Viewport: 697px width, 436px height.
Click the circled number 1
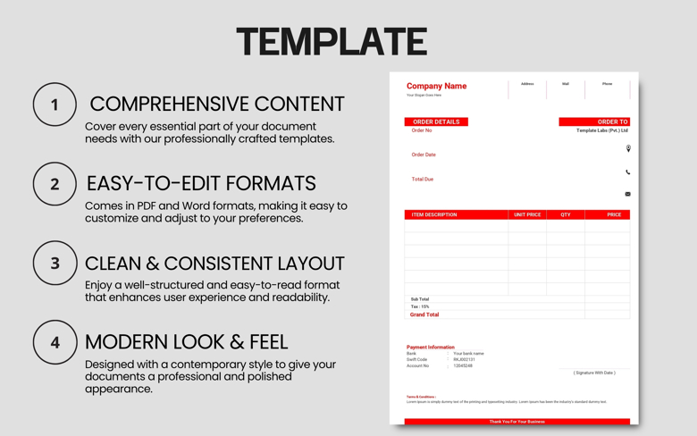pos(55,105)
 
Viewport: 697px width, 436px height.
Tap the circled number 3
pos(55,264)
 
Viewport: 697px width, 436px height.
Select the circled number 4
pos(55,342)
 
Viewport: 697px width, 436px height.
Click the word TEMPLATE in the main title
pos(332,42)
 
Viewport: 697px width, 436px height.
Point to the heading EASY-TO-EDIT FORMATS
pos(201,183)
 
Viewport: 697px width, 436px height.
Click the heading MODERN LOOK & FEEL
pos(186,341)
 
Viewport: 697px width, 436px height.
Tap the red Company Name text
pos(436,86)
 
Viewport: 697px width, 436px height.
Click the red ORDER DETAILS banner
pos(436,122)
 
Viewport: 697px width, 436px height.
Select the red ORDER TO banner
pos(594,122)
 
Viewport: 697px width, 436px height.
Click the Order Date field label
pos(424,155)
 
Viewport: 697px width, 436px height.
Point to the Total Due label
pos(422,179)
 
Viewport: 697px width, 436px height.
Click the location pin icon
pos(628,149)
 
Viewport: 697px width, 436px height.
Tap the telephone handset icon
pos(628,172)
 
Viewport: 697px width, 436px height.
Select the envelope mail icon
pos(628,194)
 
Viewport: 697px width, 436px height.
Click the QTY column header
pos(565,214)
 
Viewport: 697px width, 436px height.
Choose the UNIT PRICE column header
pos(527,214)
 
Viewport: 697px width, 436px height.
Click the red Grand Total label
pos(424,314)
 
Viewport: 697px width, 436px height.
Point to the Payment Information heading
pos(430,347)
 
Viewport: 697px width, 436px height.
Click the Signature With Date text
pos(594,373)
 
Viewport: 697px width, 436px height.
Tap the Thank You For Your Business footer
pos(516,422)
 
